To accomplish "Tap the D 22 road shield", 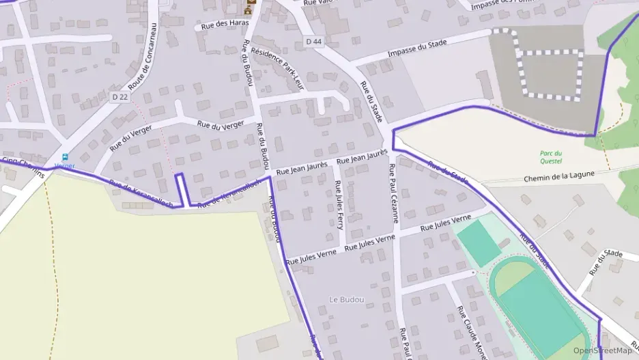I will click(x=119, y=97).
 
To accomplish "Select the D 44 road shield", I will click(x=313, y=42).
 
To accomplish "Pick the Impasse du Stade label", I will click(x=416, y=49).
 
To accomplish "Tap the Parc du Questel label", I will click(x=550, y=157).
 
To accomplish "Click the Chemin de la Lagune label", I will click(x=559, y=175).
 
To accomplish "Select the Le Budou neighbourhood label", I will click(x=346, y=299).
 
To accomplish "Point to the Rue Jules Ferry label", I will click(x=339, y=204).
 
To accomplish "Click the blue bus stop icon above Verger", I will click(x=66, y=157).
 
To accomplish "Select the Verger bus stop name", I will click(x=65, y=166).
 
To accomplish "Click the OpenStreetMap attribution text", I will click(x=602, y=350).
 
